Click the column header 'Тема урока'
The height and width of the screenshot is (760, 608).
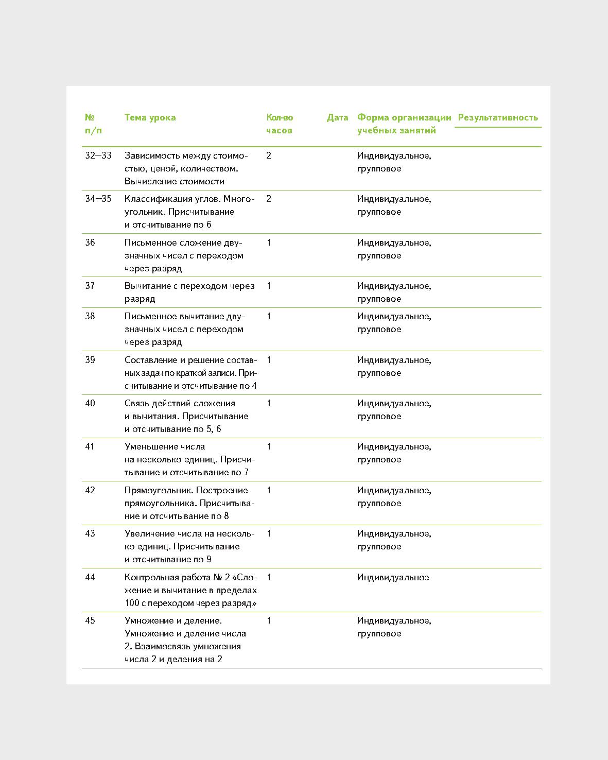pos(150,117)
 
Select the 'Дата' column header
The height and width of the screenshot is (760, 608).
pos(337,117)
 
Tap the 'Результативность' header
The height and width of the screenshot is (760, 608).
pos(497,117)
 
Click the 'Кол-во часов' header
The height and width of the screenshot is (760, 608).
pos(280,124)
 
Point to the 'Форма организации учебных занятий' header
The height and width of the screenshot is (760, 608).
pos(404,124)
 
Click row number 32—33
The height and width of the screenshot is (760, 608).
pos(98,156)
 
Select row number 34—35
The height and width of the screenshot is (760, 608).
pos(98,199)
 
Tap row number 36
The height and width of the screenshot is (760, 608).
pos(90,243)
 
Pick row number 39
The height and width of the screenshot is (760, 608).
pos(90,360)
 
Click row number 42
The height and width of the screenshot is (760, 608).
pos(90,490)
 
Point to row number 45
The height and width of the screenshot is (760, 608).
pos(90,620)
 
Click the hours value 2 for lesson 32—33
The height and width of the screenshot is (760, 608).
pos(269,156)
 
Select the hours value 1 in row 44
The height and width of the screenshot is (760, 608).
pos(269,577)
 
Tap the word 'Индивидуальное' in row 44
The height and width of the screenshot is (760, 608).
pos(393,577)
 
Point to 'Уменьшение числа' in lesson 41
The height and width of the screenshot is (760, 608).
pos(165,446)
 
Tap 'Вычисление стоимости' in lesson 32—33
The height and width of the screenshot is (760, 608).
pos(174,181)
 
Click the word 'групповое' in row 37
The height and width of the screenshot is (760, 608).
pos(379,299)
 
